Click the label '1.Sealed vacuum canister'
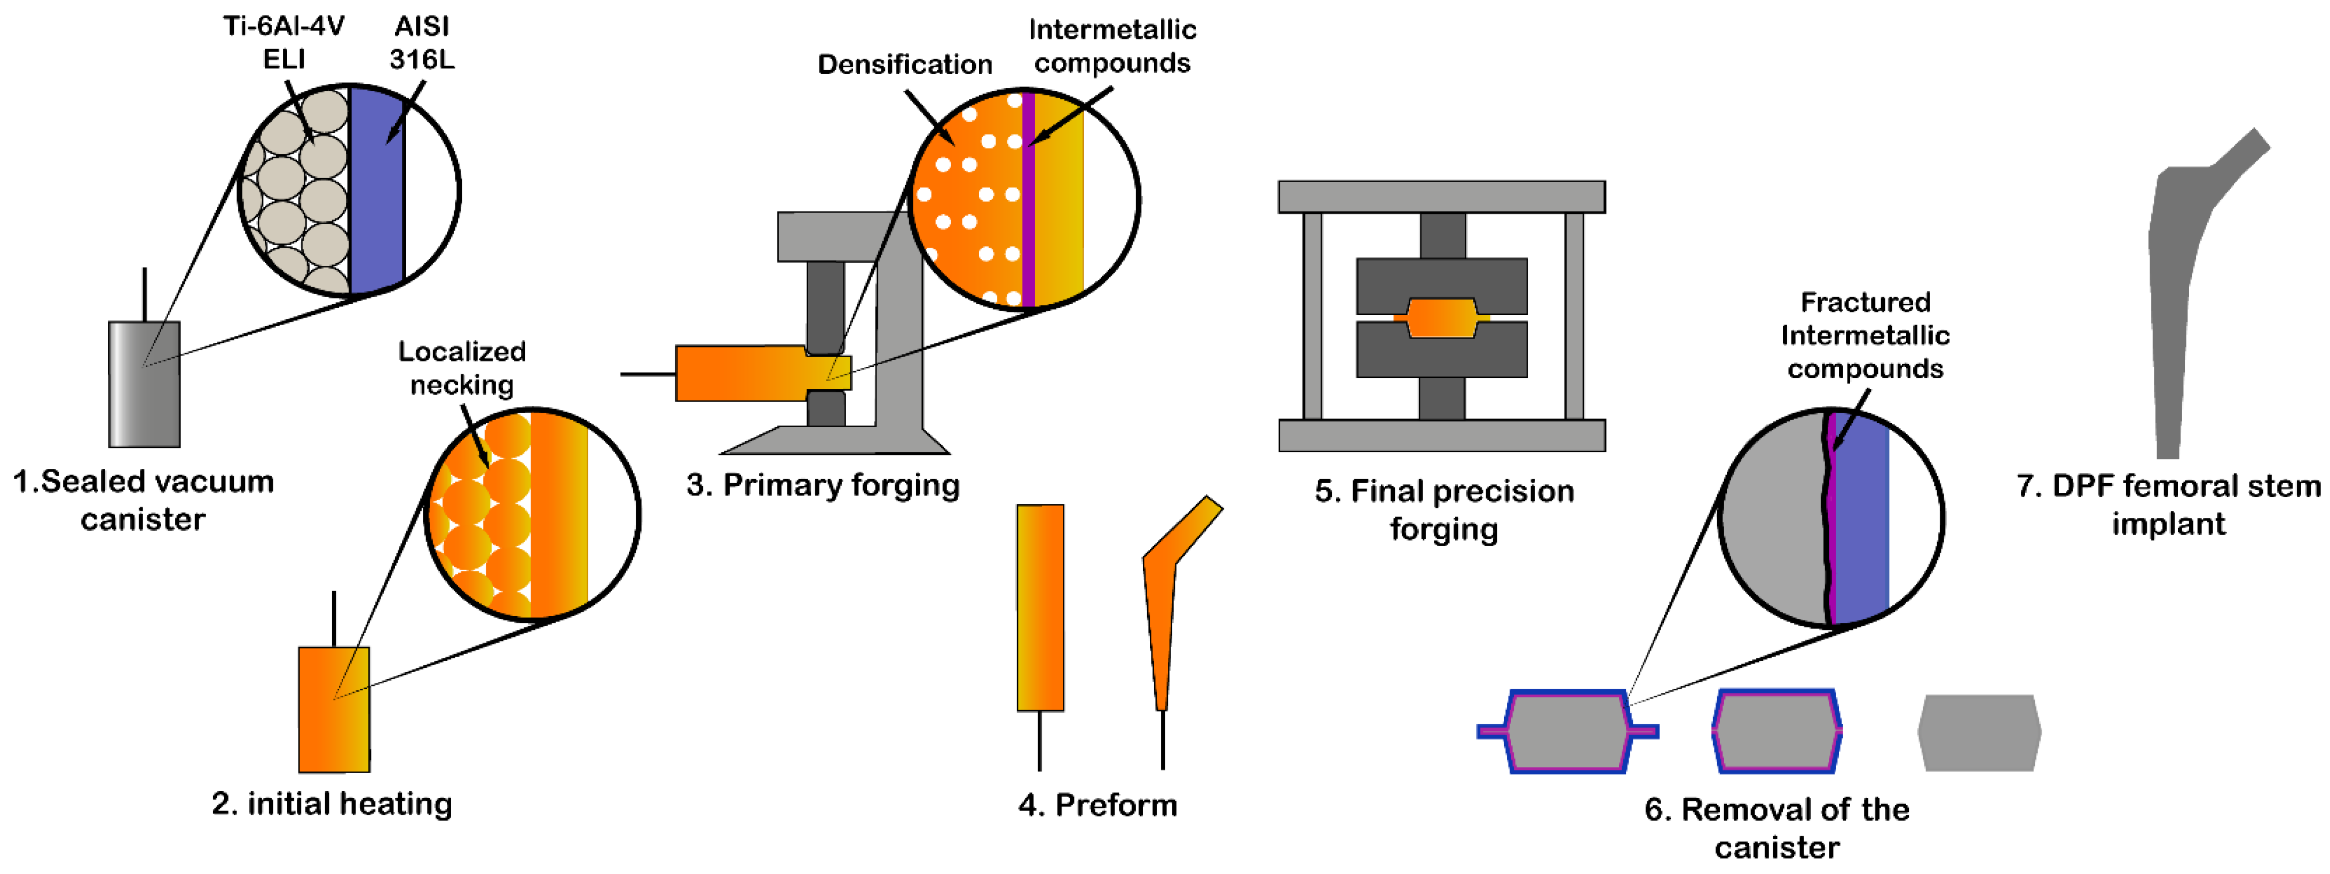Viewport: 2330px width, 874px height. (143, 499)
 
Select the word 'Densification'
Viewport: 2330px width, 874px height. (904, 64)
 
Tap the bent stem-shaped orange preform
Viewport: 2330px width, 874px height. (1162, 615)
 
